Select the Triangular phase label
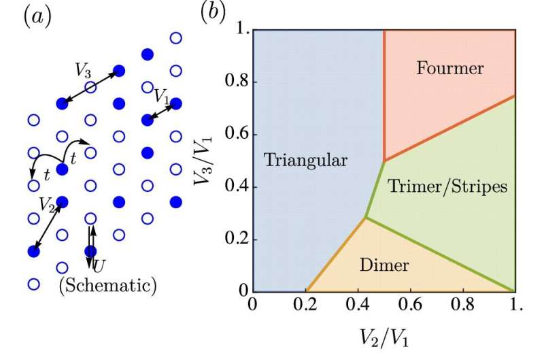click(305, 161)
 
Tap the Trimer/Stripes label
click(447, 186)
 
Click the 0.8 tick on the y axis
click(235, 82)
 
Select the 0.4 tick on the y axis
click(235, 187)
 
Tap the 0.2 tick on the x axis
click(305, 304)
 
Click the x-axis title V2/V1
click(383, 336)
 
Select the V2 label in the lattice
click(47, 203)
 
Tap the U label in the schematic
click(99, 263)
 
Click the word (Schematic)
click(108, 284)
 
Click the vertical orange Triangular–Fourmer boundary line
click(384, 95)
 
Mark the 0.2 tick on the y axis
click(235, 240)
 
